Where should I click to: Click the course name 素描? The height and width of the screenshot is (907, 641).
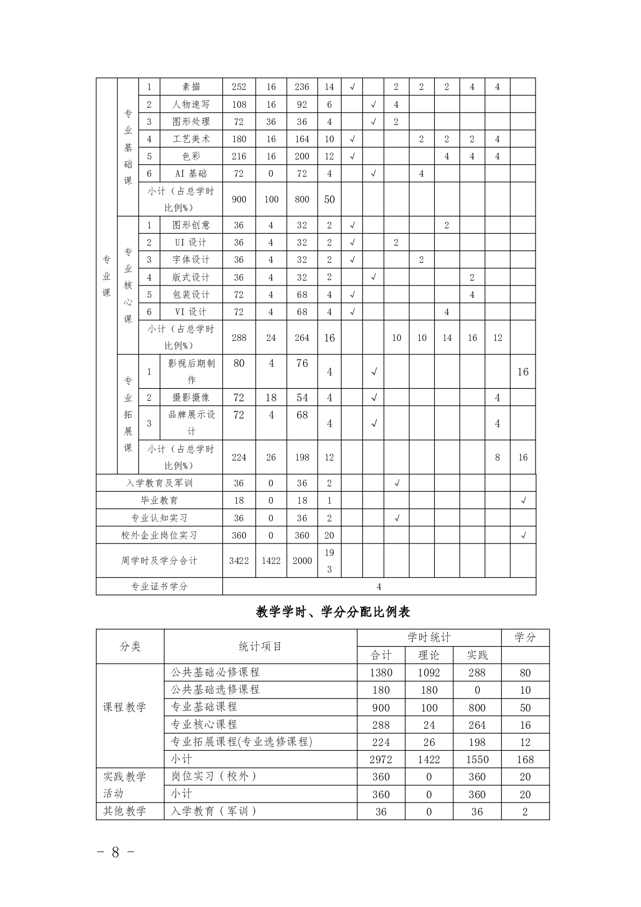pyautogui.click(x=191, y=87)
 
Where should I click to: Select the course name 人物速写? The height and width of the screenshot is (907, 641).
pyautogui.click(x=191, y=104)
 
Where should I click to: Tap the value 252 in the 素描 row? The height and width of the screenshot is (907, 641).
pyautogui.click(x=239, y=87)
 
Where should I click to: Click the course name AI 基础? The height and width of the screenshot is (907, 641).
pyautogui.click(x=191, y=173)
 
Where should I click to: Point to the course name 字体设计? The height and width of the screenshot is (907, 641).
pyautogui.click(x=191, y=260)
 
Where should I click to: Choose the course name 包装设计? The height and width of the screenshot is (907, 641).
pyautogui.click(x=191, y=295)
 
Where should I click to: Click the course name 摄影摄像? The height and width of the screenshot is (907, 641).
pyautogui.click(x=191, y=397)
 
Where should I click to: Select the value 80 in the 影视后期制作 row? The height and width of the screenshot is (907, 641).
pyautogui.click(x=239, y=364)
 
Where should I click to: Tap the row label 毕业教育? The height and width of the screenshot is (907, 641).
pyautogui.click(x=159, y=500)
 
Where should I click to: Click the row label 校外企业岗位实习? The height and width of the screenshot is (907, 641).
pyautogui.click(x=159, y=535)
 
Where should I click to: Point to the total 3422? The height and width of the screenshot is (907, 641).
pyautogui.click(x=239, y=561)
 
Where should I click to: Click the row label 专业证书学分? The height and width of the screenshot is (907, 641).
pyautogui.click(x=159, y=587)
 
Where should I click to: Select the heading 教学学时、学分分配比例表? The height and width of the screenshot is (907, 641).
pyautogui.click(x=333, y=612)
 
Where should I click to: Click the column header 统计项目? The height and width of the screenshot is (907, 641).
pyautogui.click(x=260, y=646)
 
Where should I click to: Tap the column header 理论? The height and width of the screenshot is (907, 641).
pyautogui.click(x=429, y=655)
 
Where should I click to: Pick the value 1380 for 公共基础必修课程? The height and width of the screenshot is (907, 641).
pyautogui.click(x=381, y=673)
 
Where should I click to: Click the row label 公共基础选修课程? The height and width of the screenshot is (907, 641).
pyautogui.click(x=215, y=689)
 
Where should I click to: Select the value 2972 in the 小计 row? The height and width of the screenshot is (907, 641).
pyautogui.click(x=381, y=759)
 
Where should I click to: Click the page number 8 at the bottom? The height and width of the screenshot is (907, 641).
pyautogui.click(x=115, y=853)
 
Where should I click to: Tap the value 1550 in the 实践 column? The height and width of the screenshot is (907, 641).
pyautogui.click(x=477, y=759)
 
